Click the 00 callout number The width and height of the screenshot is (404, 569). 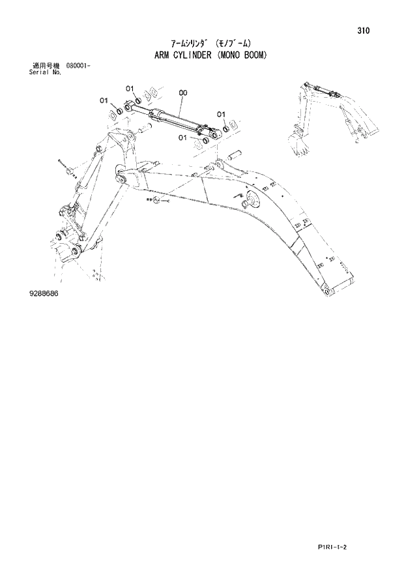pyautogui.click(x=182, y=93)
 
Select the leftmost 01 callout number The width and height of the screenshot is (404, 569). pyautogui.click(x=104, y=100)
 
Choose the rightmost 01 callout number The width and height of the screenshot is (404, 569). pyautogui.click(x=221, y=114)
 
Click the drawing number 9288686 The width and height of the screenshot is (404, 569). pyautogui.click(x=43, y=295)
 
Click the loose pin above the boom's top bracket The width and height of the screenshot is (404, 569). pyautogui.click(x=236, y=156)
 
